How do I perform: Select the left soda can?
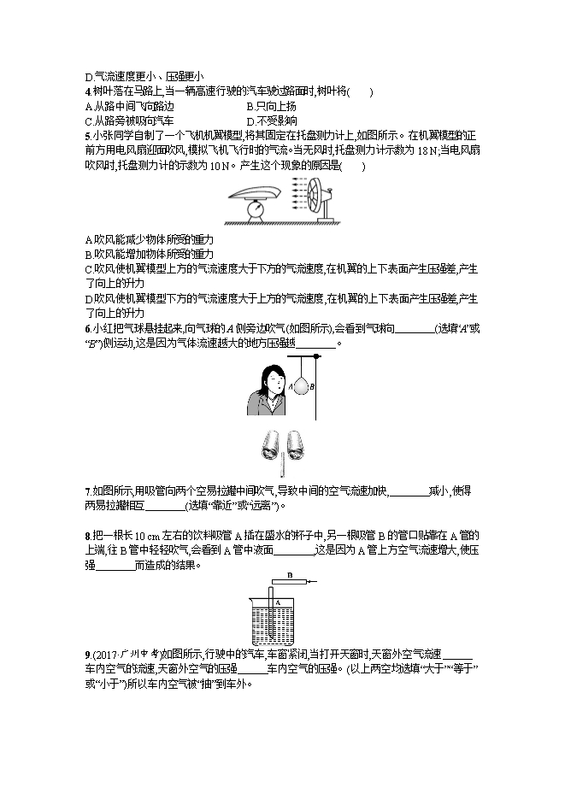point(271,443)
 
